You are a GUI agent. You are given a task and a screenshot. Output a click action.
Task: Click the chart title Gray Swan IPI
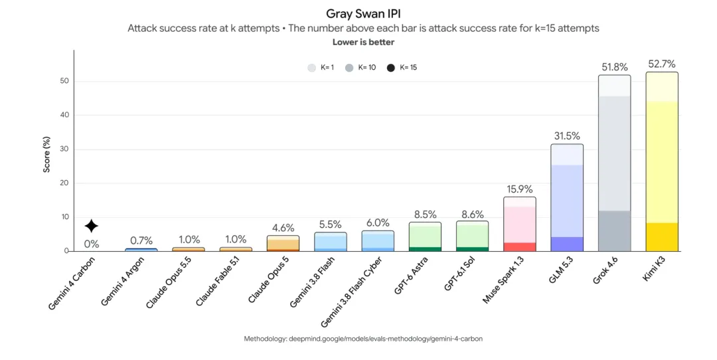(363, 14)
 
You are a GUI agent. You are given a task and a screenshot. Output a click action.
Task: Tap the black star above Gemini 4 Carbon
(92, 226)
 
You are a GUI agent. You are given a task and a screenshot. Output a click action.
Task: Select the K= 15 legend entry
(402, 68)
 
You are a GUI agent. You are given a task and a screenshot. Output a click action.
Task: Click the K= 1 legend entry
(321, 68)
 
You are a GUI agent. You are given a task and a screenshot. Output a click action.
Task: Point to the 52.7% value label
(662, 64)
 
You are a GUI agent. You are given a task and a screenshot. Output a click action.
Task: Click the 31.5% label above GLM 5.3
(567, 136)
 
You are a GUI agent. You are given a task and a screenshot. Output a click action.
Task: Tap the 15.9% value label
(519, 189)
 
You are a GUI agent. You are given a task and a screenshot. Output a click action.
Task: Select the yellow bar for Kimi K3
(662, 161)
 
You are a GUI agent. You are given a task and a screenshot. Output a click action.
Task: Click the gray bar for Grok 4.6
(614, 163)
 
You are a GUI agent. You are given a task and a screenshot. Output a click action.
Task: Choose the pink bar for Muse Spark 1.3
(519, 224)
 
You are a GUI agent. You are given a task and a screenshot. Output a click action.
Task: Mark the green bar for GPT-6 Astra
(425, 236)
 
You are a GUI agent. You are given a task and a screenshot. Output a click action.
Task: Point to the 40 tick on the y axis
(64, 116)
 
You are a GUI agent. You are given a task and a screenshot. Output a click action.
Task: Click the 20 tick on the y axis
(64, 183)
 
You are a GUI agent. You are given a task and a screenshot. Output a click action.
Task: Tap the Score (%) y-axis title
(46, 155)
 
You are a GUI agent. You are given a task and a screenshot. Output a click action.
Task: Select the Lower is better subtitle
(363, 42)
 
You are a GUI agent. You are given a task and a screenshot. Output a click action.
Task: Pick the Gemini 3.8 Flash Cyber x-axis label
(351, 292)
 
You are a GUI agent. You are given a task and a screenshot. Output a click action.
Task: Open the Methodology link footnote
(363, 339)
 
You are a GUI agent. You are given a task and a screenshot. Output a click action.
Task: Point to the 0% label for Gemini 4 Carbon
(92, 244)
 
